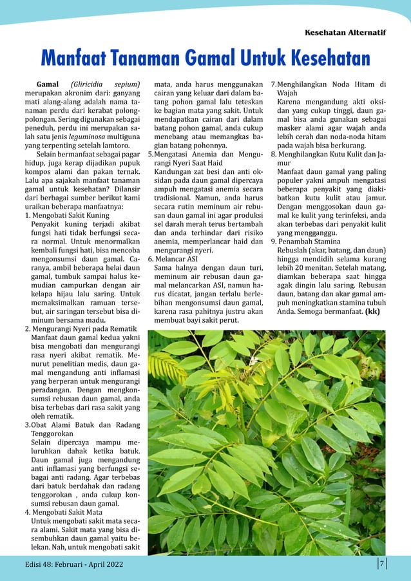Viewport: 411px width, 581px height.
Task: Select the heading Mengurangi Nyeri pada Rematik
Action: [x=84, y=327]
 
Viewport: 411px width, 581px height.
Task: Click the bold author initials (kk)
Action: [x=372, y=311]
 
